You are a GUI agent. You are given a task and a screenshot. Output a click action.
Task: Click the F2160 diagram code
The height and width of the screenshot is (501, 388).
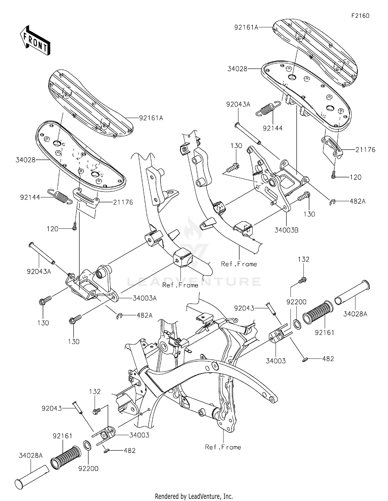pos(360,16)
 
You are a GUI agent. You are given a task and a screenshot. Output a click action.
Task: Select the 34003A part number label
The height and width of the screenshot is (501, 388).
pos(145,298)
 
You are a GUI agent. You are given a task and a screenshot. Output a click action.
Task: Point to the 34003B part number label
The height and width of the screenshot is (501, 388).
pos(286,230)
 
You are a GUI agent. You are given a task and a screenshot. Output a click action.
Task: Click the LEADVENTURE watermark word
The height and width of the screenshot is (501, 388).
pos(194,281)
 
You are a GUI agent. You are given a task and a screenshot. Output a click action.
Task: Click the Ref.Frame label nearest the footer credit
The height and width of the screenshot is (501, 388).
pos(223,447)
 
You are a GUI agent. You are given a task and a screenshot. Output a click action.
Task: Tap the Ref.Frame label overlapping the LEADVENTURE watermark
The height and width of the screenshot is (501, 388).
pos(180,285)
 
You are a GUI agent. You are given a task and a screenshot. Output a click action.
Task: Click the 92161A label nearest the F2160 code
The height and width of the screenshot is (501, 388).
pos(246,27)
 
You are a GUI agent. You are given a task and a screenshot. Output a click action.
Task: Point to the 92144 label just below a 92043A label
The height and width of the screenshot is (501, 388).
pos(273,128)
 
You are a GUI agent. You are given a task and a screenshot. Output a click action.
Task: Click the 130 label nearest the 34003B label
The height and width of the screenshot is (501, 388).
pos(309,214)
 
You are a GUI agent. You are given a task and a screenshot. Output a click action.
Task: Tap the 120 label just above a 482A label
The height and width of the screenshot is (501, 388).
pos(355,177)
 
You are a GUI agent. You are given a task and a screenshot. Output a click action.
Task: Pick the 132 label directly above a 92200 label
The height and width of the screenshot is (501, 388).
pos(303,259)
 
